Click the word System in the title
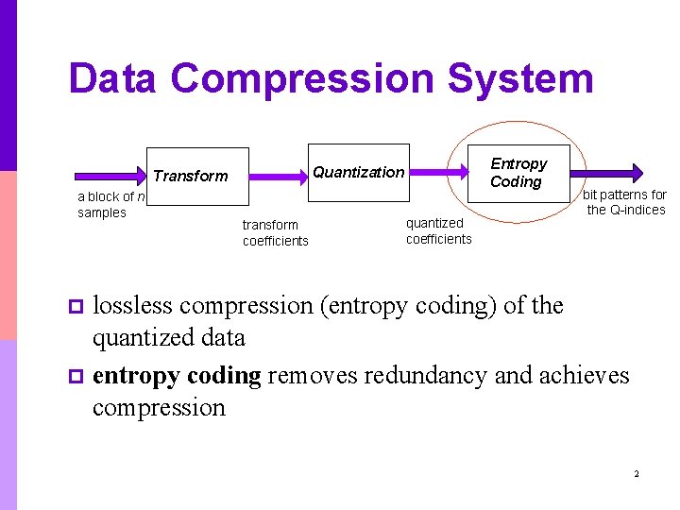520,79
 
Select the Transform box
196,176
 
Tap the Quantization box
359,172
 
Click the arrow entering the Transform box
110,176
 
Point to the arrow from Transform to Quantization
279,176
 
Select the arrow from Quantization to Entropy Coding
439,172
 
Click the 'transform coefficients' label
275,232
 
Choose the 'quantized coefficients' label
438,230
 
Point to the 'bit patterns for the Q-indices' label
625,202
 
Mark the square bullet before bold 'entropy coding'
77,377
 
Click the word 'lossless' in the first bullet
132,306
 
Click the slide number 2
637,473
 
